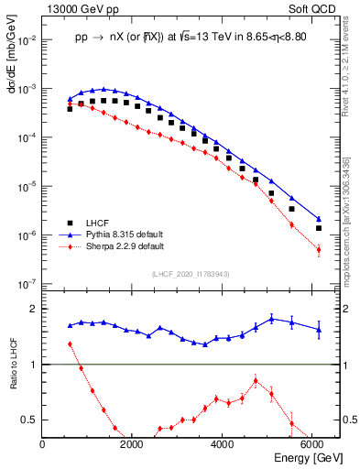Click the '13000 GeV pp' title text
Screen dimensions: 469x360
point(80,7)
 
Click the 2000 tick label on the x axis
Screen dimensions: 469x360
point(133,444)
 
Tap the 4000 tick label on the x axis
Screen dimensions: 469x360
point(223,444)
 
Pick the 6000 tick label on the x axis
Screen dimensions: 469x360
point(312,444)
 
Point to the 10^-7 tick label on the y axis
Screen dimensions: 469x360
point(29,284)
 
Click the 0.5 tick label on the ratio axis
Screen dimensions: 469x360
point(32,420)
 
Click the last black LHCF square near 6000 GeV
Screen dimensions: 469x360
point(319,228)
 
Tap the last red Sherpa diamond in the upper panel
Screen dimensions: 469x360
point(319,249)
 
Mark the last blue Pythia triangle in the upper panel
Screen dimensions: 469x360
point(319,219)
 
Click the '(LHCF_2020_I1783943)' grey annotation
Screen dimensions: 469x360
point(190,274)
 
